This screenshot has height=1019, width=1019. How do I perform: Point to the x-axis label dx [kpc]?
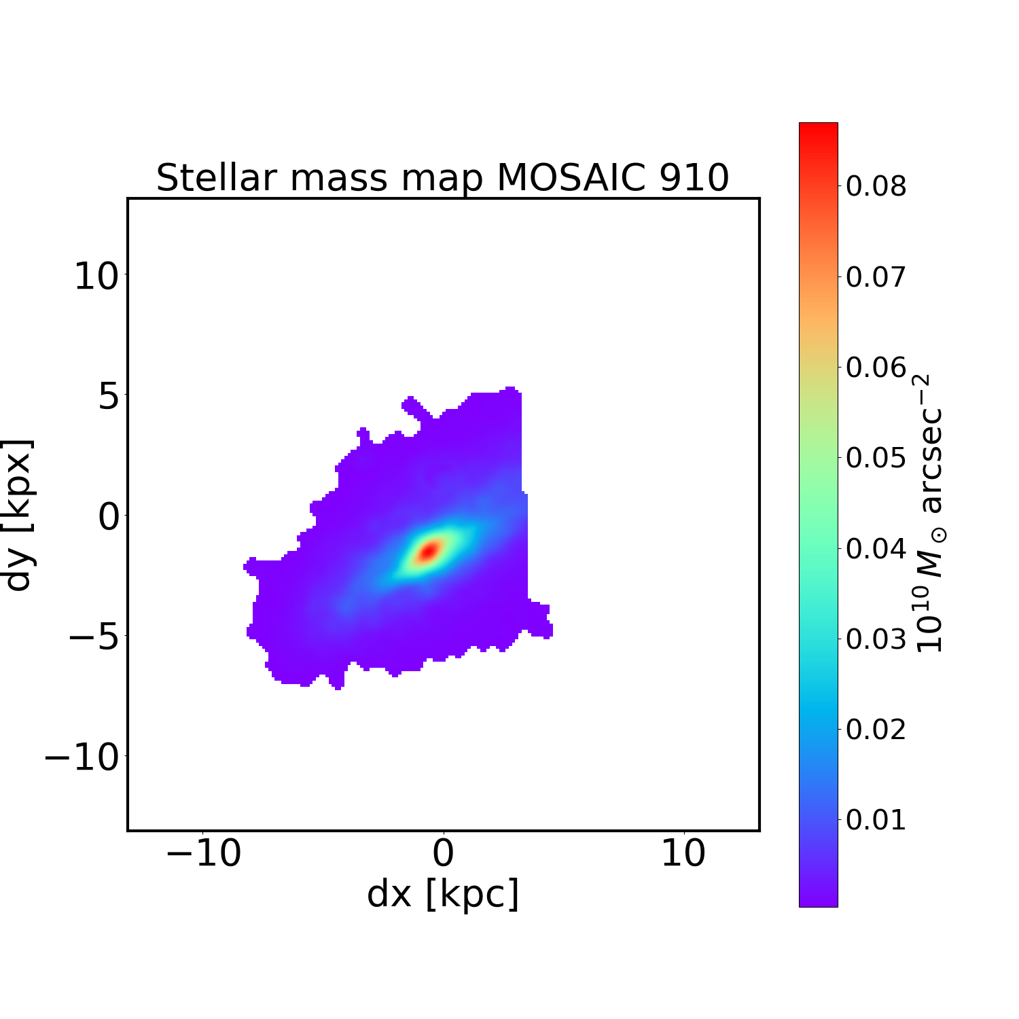[x=443, y=893]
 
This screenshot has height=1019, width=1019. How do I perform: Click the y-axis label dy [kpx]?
[x=19, y=514]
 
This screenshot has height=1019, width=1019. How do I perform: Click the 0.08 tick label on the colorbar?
[x=876, y=186]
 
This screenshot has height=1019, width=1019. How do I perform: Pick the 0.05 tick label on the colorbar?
[x=876, y=458]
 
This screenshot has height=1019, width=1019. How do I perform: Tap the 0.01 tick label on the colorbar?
[x=876, y=820]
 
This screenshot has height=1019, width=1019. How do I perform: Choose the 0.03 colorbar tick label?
[x=876, y=639]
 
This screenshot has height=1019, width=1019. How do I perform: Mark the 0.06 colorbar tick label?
[x=876, y=368]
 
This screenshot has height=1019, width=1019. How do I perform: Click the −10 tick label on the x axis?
[x=203, y=853]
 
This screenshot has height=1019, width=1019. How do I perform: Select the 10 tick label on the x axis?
[x=683, y=853]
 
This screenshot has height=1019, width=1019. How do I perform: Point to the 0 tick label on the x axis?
[x=443, y=853]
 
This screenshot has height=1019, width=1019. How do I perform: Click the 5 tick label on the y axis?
[x=109, y=396]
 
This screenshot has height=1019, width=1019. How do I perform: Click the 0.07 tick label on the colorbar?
[x=876, y=277]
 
